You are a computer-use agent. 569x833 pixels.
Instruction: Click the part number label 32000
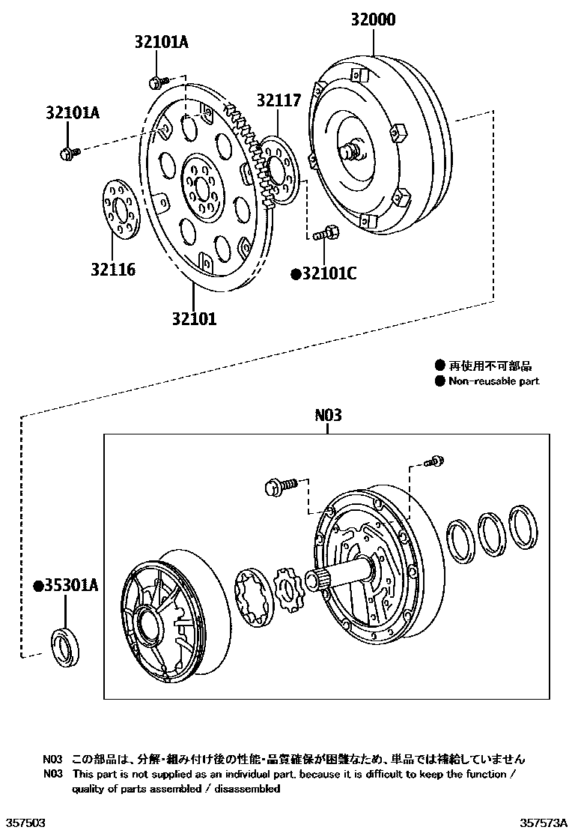(x=373, y=20)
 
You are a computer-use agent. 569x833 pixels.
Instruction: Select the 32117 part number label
(x=279, y=100)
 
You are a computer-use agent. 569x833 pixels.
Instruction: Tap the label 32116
(x=114, y=268)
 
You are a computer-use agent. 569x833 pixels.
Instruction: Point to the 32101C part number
(x=329, y=273)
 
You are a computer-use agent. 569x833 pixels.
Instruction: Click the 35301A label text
(x=70, y=586)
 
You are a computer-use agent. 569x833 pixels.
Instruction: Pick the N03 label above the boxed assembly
(x=328, y=414)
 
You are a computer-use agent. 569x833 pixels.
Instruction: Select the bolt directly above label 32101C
(x=326, y=234)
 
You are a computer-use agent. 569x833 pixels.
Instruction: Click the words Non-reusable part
(x=493, y=381)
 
